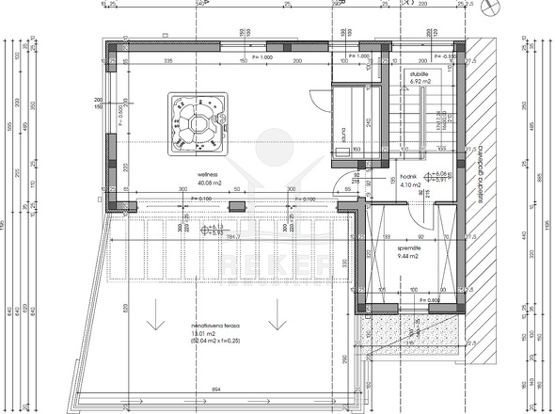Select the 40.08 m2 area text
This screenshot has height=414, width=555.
tap(210, 183)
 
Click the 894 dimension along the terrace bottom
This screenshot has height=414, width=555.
tap(216, 389)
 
